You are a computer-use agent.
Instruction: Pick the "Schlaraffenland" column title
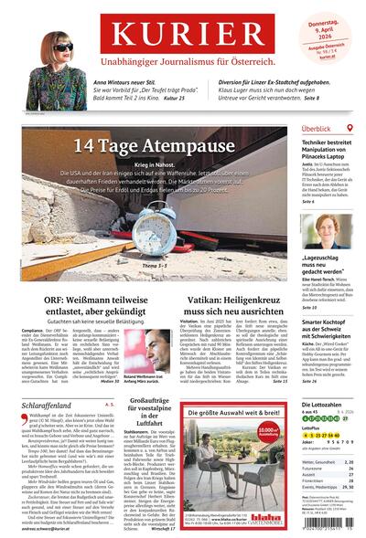(x=40, y=375)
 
